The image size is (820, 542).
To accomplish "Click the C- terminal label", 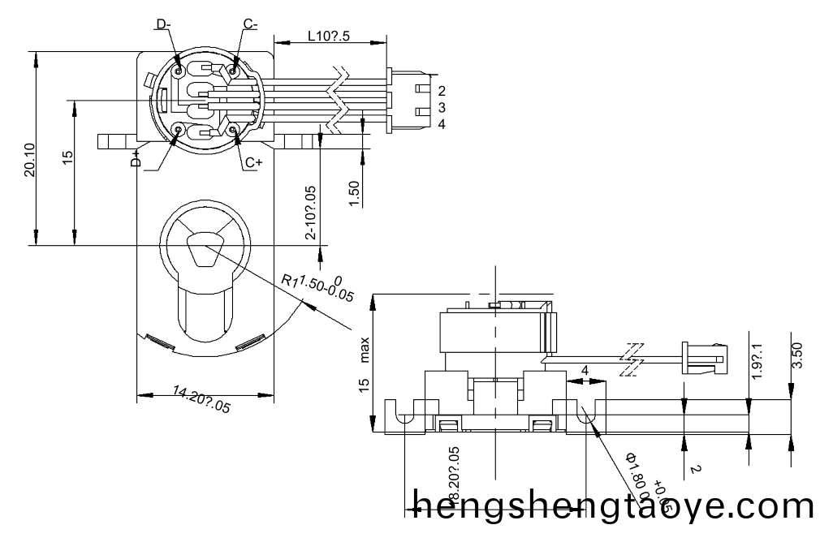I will [x=250, y=25].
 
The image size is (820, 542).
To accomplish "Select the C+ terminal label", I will [x=253, y=162].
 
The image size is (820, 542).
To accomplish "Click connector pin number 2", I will [x=441, y=90].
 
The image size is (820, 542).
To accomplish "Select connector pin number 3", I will [x=441, y=107].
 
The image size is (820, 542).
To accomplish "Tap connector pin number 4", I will [x=441, y=124].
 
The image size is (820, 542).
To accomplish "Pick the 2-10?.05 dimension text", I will [x=311, y=213].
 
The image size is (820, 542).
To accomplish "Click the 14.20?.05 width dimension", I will [x=201, y=402].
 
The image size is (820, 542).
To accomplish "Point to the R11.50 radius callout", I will [x=318, y=287].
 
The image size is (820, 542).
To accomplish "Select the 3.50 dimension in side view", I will [x=796, y=355].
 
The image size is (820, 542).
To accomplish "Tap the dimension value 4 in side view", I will [x=585, y=371].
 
